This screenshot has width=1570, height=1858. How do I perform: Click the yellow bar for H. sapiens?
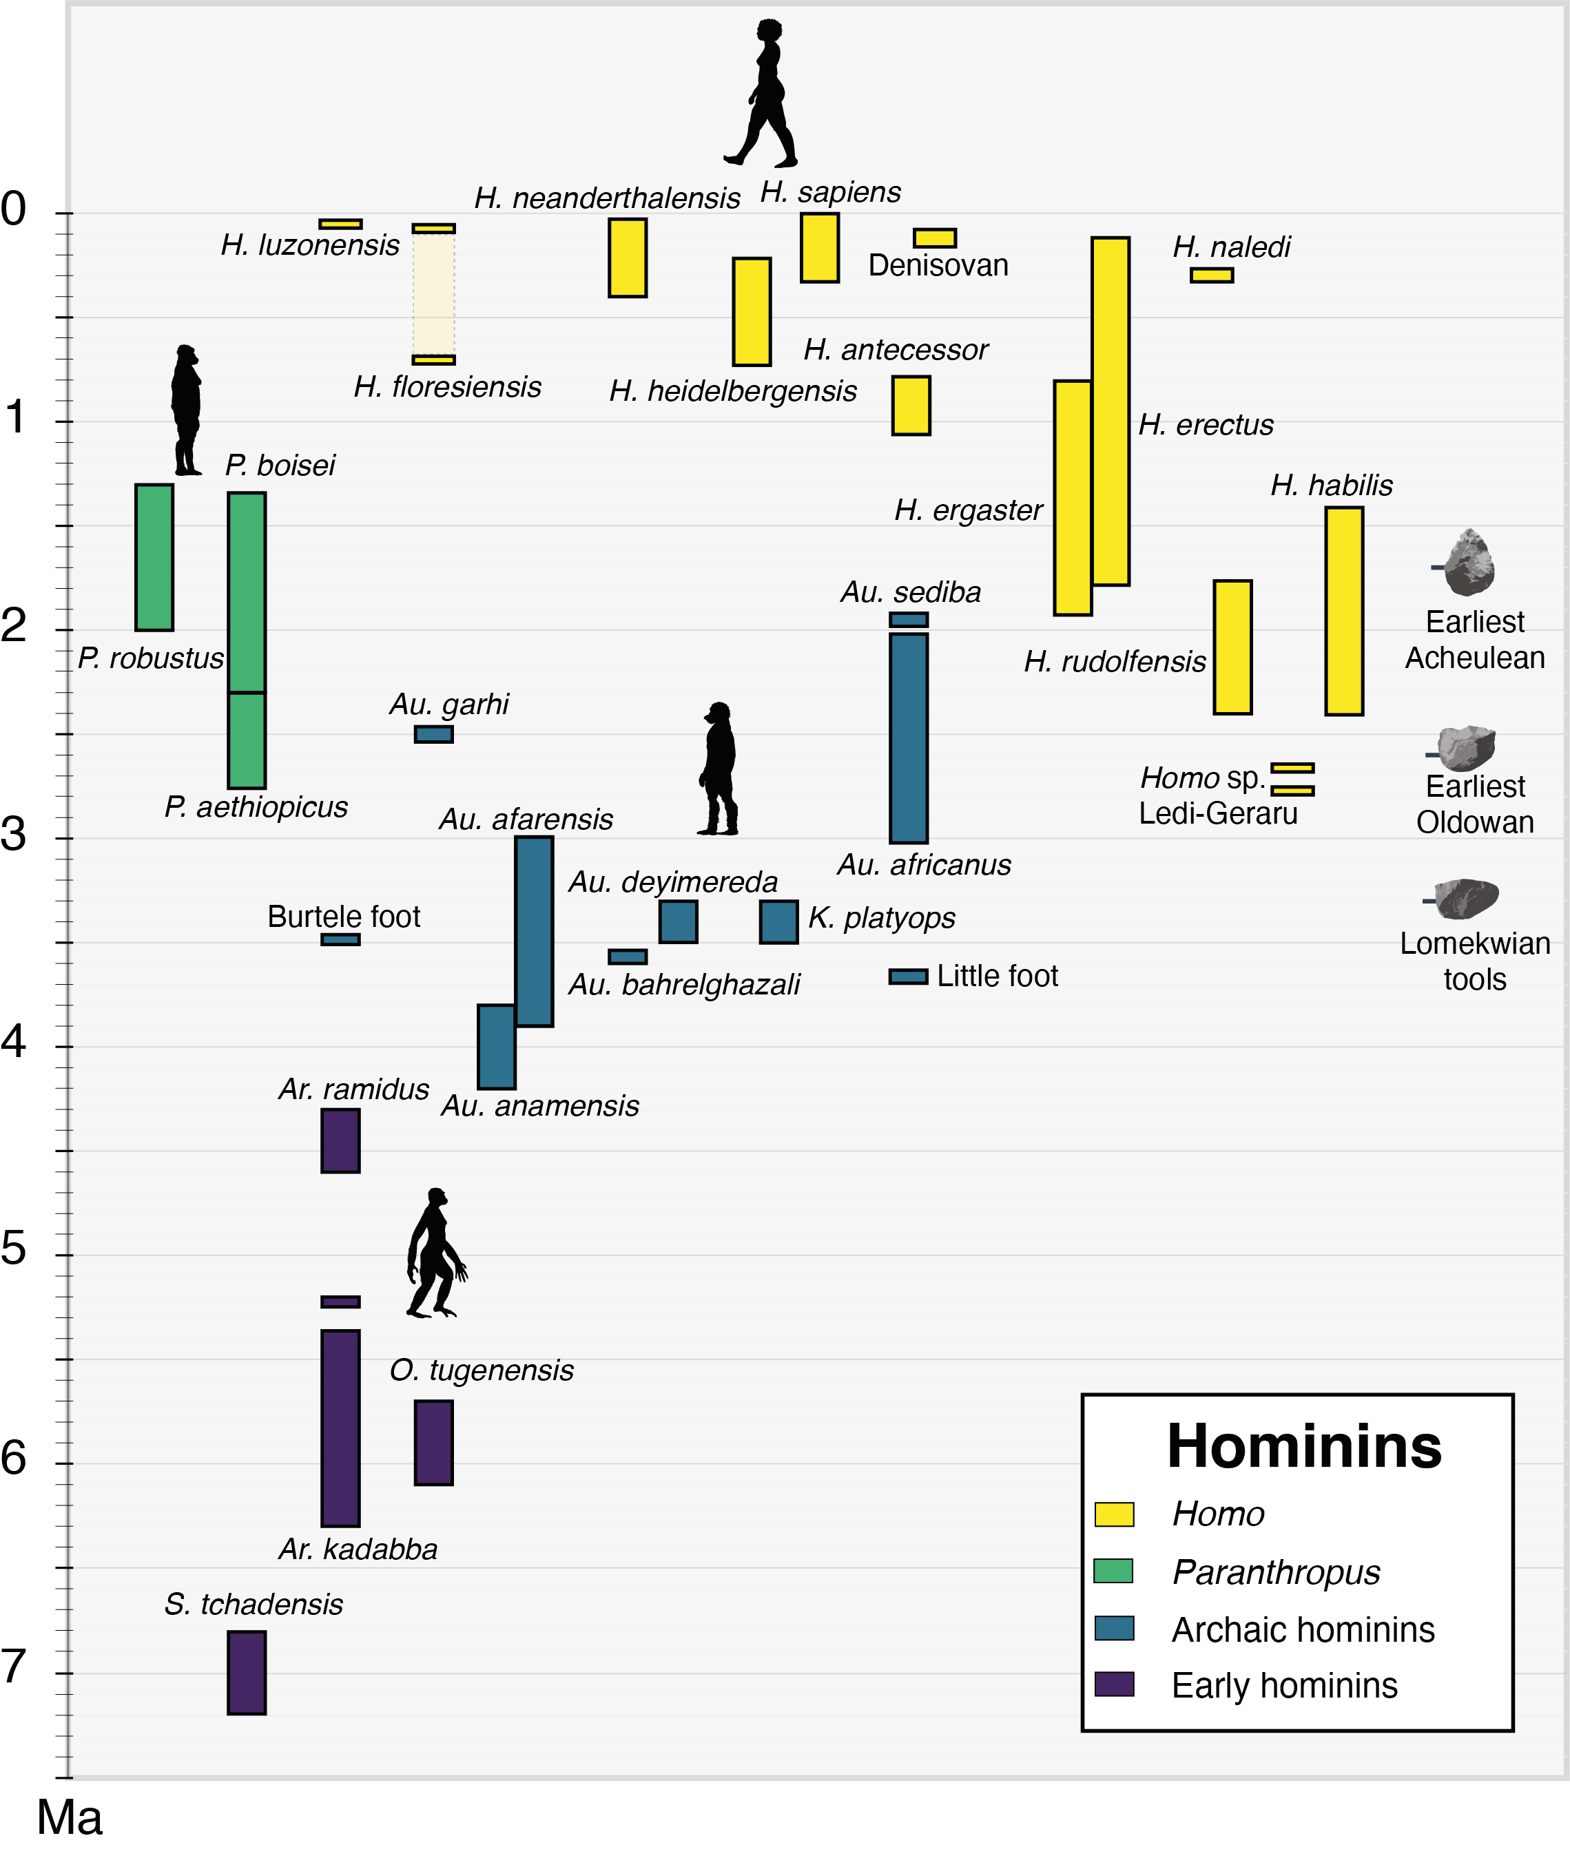tap(820, 247)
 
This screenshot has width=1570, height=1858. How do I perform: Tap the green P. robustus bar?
tap(154, 557)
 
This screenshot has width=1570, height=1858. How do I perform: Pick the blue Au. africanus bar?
tap(909, 738)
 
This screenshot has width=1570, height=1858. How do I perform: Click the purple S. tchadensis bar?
tap(247, 1672)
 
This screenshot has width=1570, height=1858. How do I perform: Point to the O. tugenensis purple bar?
tap(433, 1443)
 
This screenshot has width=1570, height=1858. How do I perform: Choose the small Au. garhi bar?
tap(433, 734)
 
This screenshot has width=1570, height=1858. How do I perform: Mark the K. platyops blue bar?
tap(778, 922)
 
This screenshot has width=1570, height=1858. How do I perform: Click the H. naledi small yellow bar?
tap(1211, 275)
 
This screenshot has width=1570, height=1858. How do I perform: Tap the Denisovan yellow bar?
tap(935, 238)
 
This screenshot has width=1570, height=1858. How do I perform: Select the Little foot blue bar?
tap(908, 977)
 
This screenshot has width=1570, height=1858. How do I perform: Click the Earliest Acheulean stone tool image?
tap(1469, 563)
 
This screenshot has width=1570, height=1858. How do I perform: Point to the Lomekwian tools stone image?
tap(1467, 899)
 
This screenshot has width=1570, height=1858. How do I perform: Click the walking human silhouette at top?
tap(763, 94)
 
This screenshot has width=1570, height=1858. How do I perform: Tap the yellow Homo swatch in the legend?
tap(1113, 1514)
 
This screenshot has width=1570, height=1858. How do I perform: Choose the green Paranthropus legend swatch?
tap(1113, 1571)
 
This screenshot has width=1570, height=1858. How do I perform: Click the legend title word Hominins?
tap(1304, 1446)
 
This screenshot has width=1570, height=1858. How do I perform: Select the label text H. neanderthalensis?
tap(607, 198)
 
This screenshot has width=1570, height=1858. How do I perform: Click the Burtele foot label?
tap(344, 917)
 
